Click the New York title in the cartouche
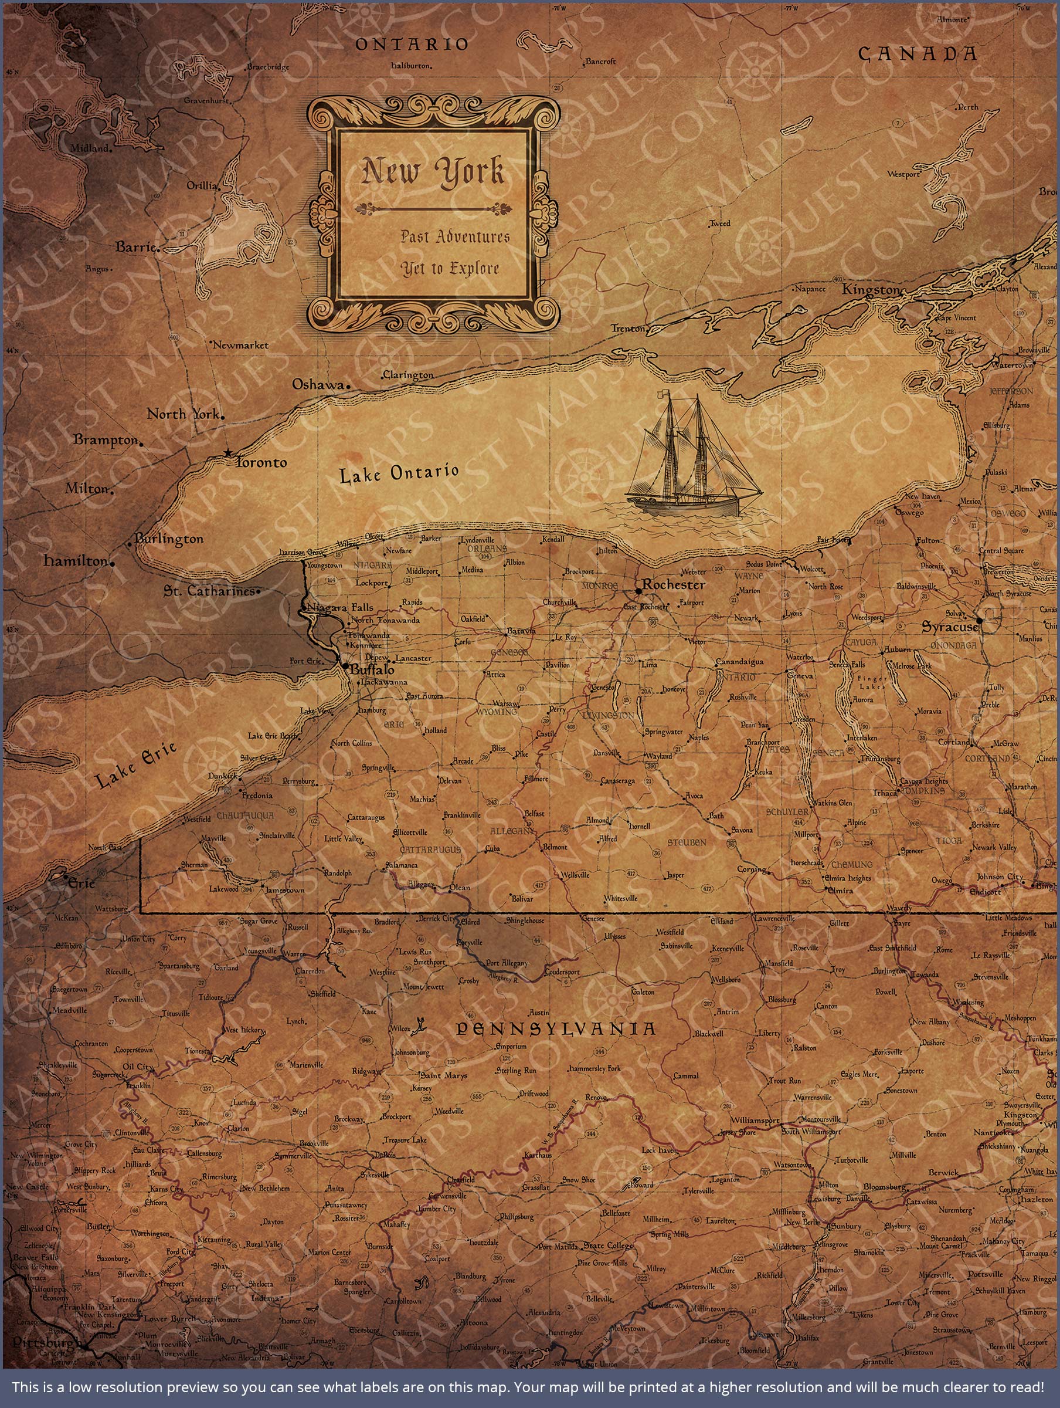pyautogui.click(x=433, y=172)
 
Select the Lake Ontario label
pyautogui.click(x=398, y=473)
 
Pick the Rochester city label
pyautogui.click(x=673, y=584)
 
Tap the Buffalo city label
pyautogui.click(x=372, y=669)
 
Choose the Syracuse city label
pyautogui.click(x=950, y=627)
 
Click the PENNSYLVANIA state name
pyautogui.click(x=556, y=1029)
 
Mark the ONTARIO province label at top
pyautogui.click(x=411, y=44)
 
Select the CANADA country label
pyautogui.click(x=917, y=54)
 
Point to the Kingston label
pyautogui.click(x=871, y=290)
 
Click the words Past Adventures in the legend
pyautogui.click(x=455, y=237)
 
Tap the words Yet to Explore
pyautogui.click(x=450, y=269)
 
